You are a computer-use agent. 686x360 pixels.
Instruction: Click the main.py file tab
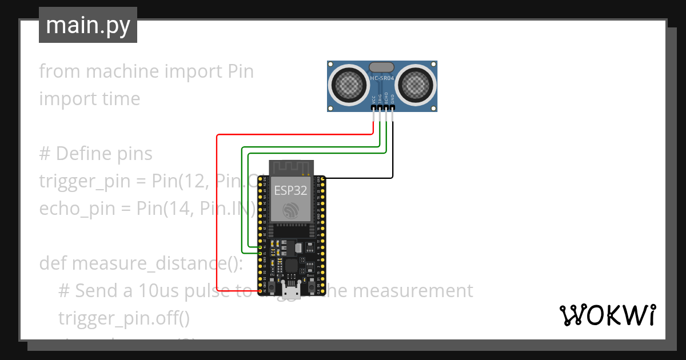pyautogui.click(x=87, y=25)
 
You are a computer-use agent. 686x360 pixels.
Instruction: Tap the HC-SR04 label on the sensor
pyautogui.click(x=382, y=78)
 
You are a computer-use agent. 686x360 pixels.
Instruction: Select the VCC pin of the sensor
pyautogui.click(x=373, y=107)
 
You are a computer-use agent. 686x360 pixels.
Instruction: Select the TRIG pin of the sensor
pyautogui.click(x=380, y=107)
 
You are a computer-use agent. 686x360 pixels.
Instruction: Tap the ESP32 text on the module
pyautogui.click(x=290, y=190)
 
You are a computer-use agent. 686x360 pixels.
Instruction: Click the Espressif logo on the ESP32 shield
pyautogui.click(x=290, y=210)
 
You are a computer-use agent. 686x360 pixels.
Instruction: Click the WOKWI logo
pyautogui.click(x=607, y=315)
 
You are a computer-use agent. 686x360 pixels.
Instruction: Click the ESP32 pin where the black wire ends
pyautogui.click(x=323, y=179)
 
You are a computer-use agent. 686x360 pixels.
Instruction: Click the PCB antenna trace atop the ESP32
pyautogui.click(x=290, y=167)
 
